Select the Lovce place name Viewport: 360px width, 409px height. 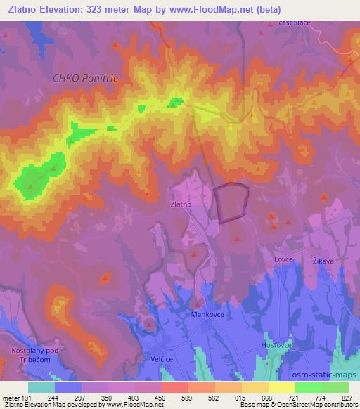(x=283, y=259)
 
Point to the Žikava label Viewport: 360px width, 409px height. (x=323, y=260)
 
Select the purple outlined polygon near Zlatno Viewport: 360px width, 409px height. (x=231, y=202)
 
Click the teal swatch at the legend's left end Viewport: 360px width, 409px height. (x=41, y=387)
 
